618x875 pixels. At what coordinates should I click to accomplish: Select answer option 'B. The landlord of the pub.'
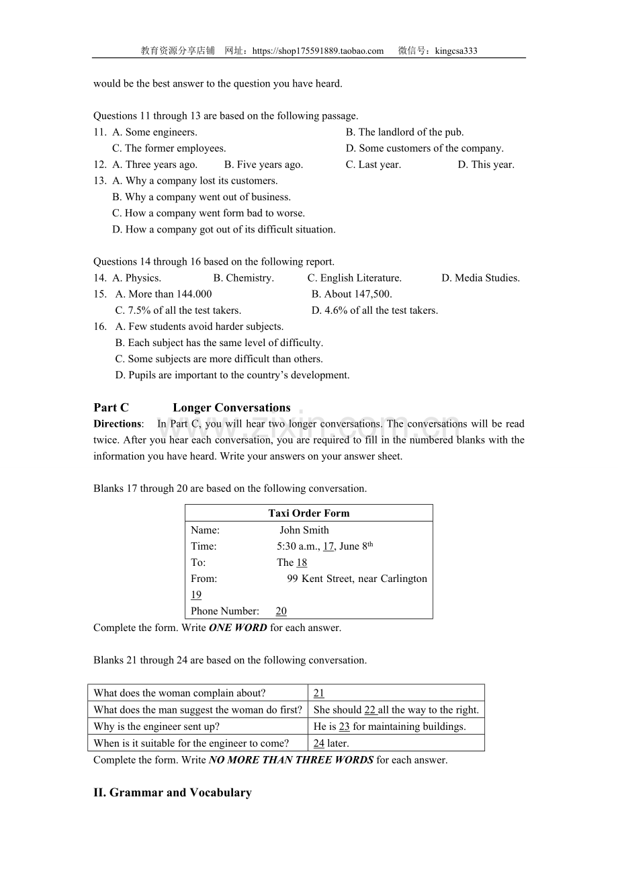[404, 132]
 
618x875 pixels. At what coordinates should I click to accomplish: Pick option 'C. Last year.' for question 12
[373, 165]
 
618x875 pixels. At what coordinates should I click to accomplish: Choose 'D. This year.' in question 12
[486, 165]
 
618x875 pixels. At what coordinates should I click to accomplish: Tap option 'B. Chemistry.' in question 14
[243, 278]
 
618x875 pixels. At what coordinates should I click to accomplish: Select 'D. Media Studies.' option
[480, 278]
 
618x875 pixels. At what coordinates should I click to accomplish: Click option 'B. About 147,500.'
[351, 294]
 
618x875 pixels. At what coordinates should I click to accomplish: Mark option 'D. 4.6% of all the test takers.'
[374, 310]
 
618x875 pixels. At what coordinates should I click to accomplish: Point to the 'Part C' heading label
[111, 408]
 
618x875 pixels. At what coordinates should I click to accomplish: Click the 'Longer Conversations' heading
[231, 408]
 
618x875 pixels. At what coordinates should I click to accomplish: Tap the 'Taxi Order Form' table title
[308, 513]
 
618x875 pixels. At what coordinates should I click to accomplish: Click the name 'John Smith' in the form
[304, 530]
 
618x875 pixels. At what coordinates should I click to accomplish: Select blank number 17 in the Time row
[328, 546]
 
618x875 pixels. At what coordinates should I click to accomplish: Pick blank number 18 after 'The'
[302, 562]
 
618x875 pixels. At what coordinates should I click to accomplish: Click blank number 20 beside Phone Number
[281, 612]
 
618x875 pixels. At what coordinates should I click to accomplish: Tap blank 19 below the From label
[195, 595]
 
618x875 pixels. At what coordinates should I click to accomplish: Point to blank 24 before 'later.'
[318, 743]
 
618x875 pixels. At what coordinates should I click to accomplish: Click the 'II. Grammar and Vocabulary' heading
[173, 793]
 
